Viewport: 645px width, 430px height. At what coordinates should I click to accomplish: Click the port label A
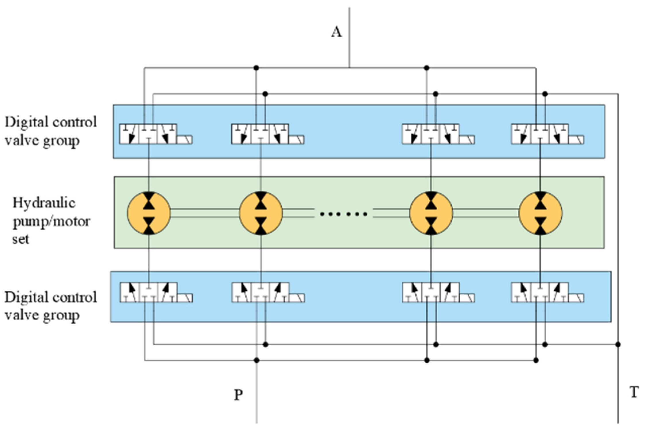[x=337, y=32]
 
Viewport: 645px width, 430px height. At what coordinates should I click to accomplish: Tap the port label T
[x=634, y=392]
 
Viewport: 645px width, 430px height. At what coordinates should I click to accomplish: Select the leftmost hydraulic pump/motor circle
[x=149, y=213]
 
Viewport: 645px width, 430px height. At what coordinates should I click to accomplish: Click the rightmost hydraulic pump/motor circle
[x=541, y=213]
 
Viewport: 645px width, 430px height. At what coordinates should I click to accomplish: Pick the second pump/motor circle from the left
[x=261, y=213]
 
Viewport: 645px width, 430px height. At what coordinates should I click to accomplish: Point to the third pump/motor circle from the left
[x=431, y=213]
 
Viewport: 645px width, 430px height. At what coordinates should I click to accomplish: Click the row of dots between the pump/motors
[x=343, y=214]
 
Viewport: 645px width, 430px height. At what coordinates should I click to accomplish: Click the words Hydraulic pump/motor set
[x=51, y=221]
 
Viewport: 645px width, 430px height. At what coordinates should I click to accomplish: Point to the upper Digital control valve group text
[x=51, y=131]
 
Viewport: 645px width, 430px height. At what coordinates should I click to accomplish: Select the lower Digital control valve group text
[x=51, y=306]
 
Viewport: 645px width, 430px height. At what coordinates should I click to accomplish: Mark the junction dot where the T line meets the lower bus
[x=618, y=344]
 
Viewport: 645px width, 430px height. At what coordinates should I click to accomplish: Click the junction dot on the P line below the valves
[x=257, y=360]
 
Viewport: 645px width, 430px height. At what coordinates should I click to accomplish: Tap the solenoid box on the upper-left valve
[x=184, y=140]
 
